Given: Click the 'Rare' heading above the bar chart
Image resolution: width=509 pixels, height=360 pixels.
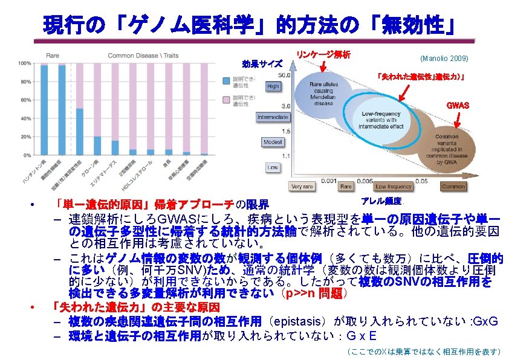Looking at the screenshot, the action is coord(53,56).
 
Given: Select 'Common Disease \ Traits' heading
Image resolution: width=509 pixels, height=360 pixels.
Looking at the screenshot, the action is coord(143,56).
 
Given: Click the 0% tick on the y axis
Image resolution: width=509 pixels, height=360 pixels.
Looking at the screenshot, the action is coord(25,155).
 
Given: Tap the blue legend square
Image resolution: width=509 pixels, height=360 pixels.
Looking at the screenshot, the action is coord(226,80).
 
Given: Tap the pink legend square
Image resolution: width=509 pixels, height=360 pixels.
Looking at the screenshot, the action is coord(226,98).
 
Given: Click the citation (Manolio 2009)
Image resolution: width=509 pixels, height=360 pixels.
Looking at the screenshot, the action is coord(444,58).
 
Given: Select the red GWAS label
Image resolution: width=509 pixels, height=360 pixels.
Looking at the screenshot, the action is coord(457,105).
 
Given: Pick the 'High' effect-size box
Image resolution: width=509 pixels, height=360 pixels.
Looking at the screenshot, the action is coord(273,86).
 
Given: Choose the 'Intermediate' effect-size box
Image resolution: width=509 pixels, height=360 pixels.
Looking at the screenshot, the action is coord(273,117).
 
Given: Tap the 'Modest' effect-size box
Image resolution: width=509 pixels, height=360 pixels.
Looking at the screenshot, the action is coord(273,142).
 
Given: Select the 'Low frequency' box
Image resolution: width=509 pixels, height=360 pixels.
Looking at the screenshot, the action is coord(394,187).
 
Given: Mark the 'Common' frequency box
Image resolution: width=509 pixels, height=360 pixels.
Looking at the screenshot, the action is coord(453,187).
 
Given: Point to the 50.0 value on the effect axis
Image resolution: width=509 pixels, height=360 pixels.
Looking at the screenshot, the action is coord(284,75).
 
